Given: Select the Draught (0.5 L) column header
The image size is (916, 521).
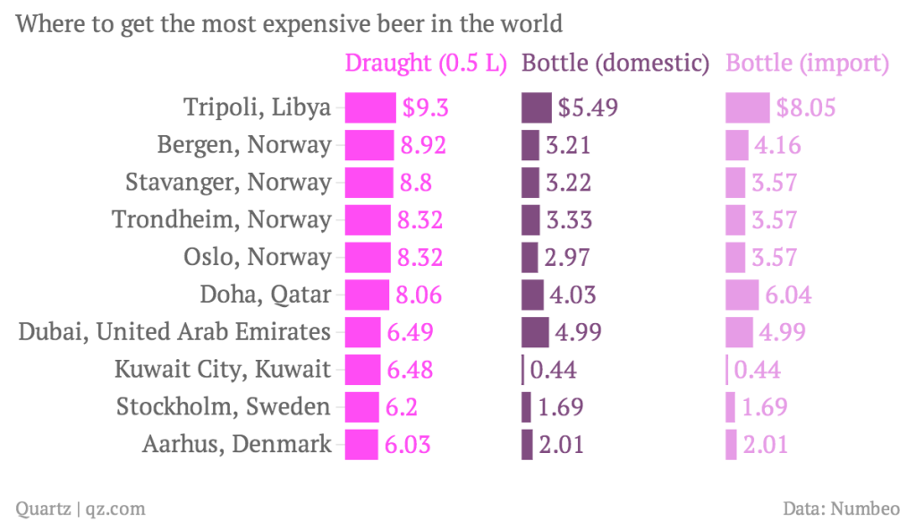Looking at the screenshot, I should pos(426,64).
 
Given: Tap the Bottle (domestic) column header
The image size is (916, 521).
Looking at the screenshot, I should pos(615,64).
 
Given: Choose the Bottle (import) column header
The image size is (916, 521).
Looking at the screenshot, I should pos(807,64).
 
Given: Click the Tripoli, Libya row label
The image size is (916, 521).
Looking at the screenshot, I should pos(258,107).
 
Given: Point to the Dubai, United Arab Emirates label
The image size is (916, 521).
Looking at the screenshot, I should pos(175,331).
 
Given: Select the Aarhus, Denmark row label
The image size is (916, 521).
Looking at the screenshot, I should pos(237,443).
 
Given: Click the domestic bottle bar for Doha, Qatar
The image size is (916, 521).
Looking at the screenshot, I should pos(532,295).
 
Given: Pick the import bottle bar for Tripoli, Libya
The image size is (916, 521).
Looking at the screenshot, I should pos(747,107).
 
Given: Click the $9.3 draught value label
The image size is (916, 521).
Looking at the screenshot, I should pos(424,108).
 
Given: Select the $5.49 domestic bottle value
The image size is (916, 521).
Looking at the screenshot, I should pos(588,108).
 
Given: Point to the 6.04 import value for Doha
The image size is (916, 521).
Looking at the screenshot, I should pos(783,295).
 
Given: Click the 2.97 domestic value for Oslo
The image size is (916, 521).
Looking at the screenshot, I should pos(567,257).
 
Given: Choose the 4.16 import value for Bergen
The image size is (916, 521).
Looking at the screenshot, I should pos(776,145).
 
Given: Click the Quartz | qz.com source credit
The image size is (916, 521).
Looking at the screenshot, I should pos(81,508).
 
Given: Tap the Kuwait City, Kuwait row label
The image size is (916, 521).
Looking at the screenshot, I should pos(223,369).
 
